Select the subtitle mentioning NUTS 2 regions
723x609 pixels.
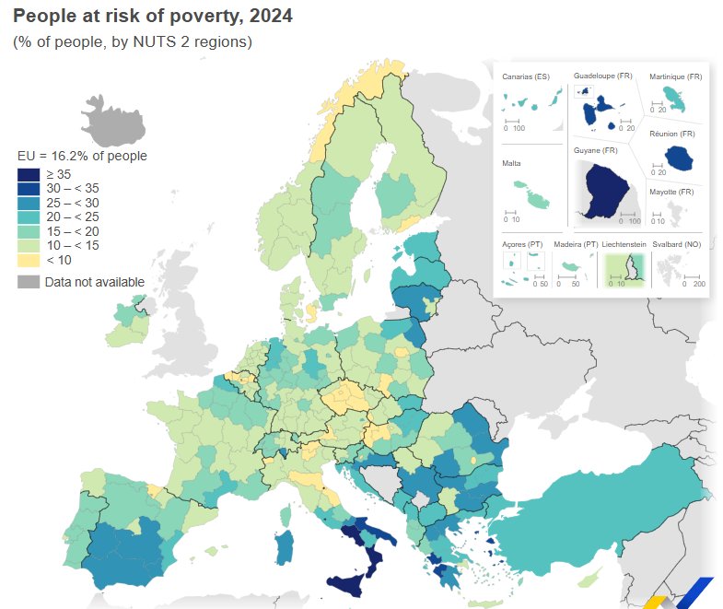point(132,42)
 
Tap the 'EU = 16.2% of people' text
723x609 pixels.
point(82,156)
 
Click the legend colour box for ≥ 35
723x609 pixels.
point(29,174)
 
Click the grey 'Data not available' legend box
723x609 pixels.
point(29,282)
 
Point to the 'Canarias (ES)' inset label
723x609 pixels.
point(525,77)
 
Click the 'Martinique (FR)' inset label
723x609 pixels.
point(675,77)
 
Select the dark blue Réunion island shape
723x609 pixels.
point(680,158)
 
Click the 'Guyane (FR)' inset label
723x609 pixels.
point(595,150)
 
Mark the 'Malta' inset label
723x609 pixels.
point(512,163)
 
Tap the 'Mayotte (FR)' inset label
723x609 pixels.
point(671,192)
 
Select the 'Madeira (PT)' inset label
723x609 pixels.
point(576,244)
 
